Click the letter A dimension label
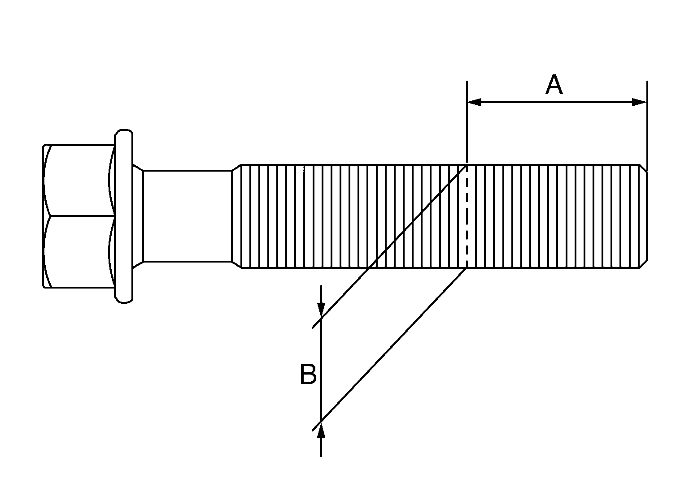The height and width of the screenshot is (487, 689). [x=554, y=85]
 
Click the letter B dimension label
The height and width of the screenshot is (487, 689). [x=308, y=374]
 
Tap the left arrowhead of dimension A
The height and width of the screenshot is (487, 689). [x=474, y=102]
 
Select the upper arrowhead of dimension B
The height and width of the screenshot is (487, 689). [x=321, y=309]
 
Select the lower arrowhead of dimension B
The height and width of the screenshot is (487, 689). [x=321, y=430]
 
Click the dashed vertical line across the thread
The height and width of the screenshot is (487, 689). [x=467, y=217]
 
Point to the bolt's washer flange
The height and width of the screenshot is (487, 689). [x=124, y=216]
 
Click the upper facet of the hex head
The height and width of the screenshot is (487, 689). [x=79, y=181]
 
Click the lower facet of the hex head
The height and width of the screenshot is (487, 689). [x=79, y=252]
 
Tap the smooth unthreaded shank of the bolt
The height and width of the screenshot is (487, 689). [x=188, y=216]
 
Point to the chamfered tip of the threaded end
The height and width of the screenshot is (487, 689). [x=644, y=216]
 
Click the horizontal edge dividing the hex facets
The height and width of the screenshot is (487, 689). [x=81, y=216]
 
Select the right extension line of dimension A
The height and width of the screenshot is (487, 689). [x=647, y=125]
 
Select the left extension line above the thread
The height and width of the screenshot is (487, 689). [x=467, y=121]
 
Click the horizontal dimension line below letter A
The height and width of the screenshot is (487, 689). [x=557, y=102]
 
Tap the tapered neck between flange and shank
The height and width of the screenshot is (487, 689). [x=138, y=216]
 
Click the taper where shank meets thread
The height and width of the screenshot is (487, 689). [x=236, y=216]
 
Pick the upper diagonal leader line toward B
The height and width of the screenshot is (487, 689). [x=390, y=247]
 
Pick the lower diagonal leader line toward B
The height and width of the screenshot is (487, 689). [x=390, y=349]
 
